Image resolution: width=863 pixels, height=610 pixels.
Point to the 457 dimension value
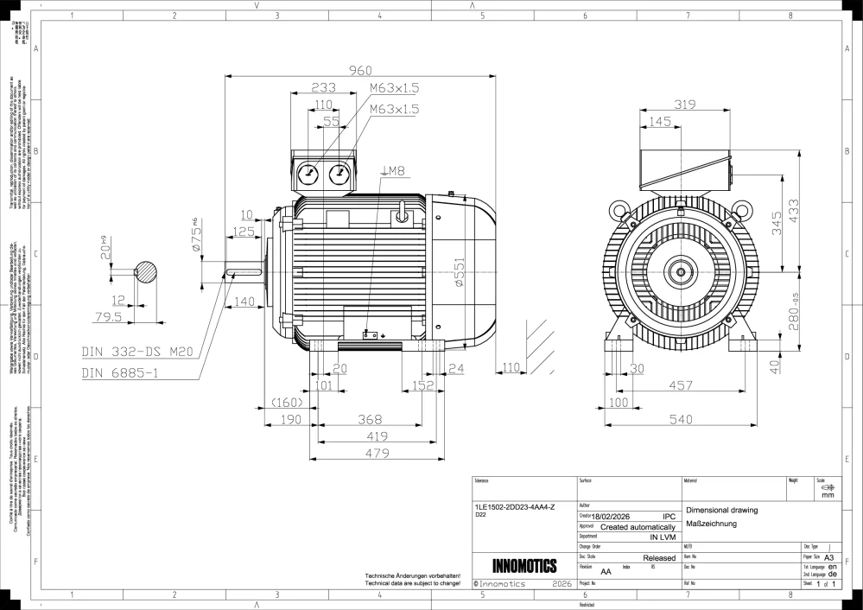coord(681,384)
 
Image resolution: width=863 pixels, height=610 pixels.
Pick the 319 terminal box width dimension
coord(685,104)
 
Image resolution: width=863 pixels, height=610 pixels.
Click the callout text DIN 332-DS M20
coord(135,353)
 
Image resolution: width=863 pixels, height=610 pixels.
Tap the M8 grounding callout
coord(394,171)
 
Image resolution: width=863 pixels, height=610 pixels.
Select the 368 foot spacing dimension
coord(371,419)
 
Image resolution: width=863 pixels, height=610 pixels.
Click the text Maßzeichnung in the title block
coord(711,524)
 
